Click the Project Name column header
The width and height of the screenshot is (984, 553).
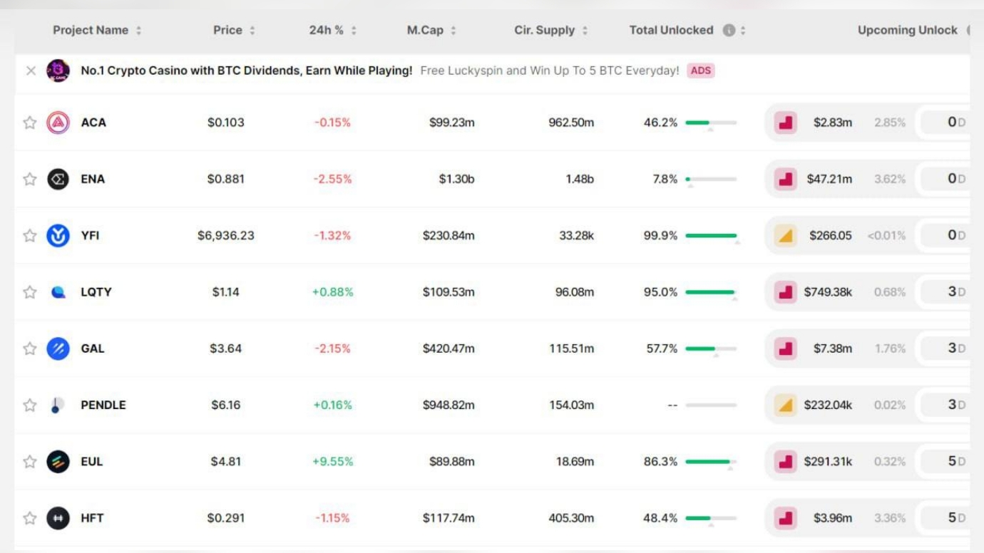(91, 30)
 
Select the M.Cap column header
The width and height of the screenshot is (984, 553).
(425, 30)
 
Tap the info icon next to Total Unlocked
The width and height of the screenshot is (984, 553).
(729, 30)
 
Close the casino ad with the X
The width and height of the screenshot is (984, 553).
(31, 71)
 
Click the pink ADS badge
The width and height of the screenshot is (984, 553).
(700, 71)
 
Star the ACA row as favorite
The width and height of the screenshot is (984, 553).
(30, 123)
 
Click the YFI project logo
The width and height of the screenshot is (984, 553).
(58, 235)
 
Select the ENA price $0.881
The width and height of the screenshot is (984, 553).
(225, 179)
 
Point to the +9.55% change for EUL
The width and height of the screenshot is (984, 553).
(333, 461)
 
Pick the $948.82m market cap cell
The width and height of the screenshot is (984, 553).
(449, 405)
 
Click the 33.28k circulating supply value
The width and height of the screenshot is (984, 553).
(576, 235)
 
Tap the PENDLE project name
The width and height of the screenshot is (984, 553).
(103, 405)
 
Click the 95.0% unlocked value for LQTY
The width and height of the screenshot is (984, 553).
(660, 291)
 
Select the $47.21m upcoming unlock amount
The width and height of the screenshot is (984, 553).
(829, 179)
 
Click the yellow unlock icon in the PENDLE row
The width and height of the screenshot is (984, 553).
(786, 405)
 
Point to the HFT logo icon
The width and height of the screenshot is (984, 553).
(58, 518)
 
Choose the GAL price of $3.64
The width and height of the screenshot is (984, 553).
(225, 348)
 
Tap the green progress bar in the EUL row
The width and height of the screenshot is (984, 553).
(707, 461)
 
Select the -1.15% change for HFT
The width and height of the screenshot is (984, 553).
(332, 518)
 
